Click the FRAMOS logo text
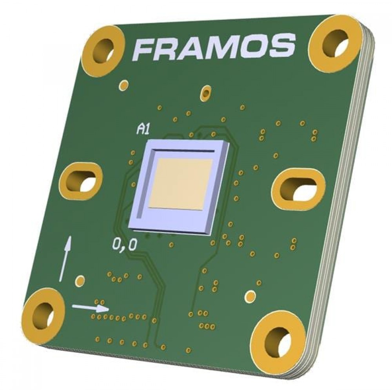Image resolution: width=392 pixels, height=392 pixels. [214, 47]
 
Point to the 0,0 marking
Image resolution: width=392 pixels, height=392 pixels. [125, 245]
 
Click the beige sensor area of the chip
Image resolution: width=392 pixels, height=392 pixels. [181, 184]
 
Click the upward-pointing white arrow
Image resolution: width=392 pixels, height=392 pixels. [65, 258]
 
